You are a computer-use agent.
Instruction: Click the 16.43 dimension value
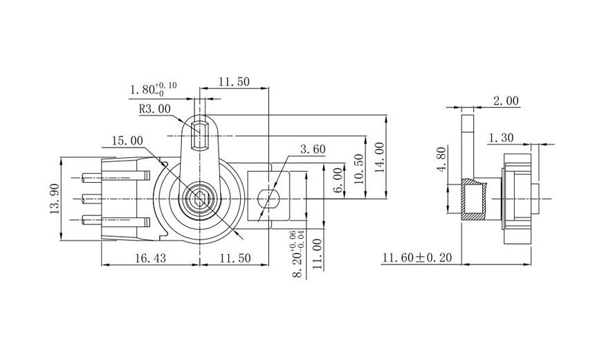click(x=151, y=258)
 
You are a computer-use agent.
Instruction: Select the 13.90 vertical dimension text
click(x=55, y=199)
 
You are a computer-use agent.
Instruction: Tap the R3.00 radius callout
click(x=155, y=109)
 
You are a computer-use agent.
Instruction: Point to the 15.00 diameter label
click(x=127, y=141)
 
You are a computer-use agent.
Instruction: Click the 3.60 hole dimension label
click(x=313, y=150)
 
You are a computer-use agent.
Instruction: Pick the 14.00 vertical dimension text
click(x=379, y=158)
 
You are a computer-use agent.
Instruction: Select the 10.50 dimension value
click(x=359, y=169)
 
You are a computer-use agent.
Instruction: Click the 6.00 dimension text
click(x=338, y=181)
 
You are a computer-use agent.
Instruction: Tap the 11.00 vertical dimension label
click(x=318, y=254)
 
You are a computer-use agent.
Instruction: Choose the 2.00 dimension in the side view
click(x=506, y=100)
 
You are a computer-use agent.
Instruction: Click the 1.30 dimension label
click(x=501, y=138)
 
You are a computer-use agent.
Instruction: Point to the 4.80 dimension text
click(x=441, y=159)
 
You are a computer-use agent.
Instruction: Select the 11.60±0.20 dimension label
click(x=417, y=258)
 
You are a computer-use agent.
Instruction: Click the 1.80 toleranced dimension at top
click(x=154, y=89)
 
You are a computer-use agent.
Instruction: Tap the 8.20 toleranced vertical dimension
click(x=298, y=254)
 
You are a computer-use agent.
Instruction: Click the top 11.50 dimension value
click(x=234, y=82)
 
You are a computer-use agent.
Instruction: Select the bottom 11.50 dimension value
click(x=235, y=258)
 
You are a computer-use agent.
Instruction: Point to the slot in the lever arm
click(x=199, y=136)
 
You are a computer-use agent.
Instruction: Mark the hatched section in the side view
click(x=473, y=199)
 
